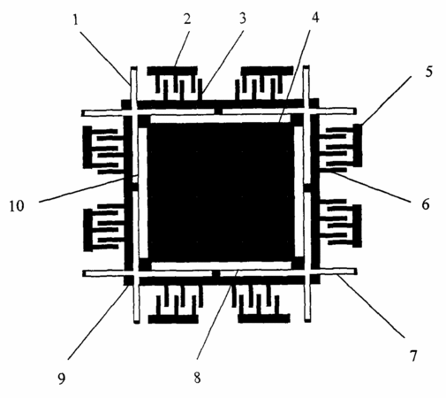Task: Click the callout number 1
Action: click(76, 20)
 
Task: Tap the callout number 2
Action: click(187, 19)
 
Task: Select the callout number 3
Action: click(242, 19)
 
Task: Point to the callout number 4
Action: click(315, 18)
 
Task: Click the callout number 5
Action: click(429, 72)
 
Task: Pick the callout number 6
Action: click(426, 204)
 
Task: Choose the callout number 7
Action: click(413, 356)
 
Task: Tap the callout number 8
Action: click(197, 378)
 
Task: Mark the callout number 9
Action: click(61, 379)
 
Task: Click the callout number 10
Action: click(17, 206)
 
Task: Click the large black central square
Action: click(220, 192)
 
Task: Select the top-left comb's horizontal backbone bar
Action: click(172, 71)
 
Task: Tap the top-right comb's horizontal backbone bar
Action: click(267, 71)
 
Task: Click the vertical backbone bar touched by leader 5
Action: click(358, 145)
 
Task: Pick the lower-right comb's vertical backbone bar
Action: click(357, 226)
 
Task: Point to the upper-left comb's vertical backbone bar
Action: click(87, 147)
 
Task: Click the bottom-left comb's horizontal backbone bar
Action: click(173, 319)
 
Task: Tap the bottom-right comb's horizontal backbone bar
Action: click(264, 318)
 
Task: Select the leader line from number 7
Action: click(371, 306)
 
